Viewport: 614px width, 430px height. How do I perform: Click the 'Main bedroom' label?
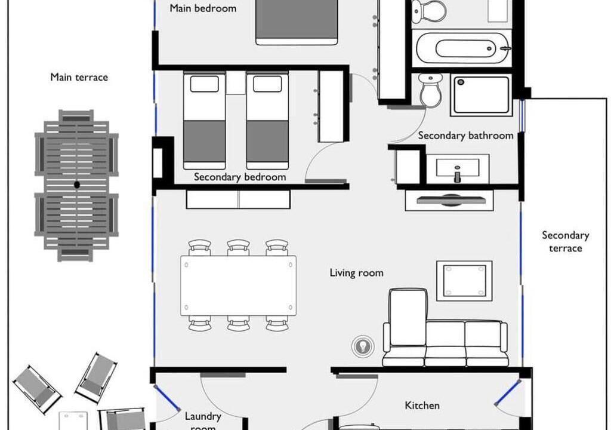coord(203,8)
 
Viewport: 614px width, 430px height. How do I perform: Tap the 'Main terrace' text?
coord(79,77)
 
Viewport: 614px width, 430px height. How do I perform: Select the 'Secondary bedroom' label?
coord(240,177)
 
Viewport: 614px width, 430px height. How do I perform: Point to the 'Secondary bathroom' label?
coord(465,136)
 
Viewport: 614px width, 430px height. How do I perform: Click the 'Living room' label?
coord(356,273)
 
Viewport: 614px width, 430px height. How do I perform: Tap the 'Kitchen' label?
coord(422,406)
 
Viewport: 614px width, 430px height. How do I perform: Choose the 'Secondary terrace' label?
coord(566,241)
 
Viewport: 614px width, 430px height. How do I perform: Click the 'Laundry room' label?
coord(203,421)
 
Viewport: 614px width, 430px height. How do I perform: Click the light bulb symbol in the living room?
coord(363,346)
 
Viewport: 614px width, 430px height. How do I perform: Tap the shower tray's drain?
coord(461,82)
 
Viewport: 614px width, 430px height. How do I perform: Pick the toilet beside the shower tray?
coord(431,90)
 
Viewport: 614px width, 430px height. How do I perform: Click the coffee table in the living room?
coord(464,281)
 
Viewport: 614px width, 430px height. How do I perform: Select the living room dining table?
coord(238,285)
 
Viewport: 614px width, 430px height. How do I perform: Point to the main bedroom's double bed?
coord(297,22)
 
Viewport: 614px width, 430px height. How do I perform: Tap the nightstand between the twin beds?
coord(236,82)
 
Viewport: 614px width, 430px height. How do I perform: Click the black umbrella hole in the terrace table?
coord(77,185)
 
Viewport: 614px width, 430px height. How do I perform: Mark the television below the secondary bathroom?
coord(451,200)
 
